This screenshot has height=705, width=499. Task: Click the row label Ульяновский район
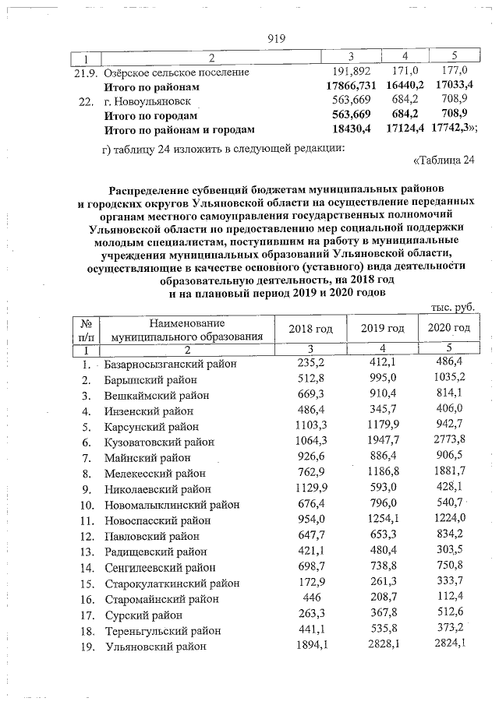click(155, 646)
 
